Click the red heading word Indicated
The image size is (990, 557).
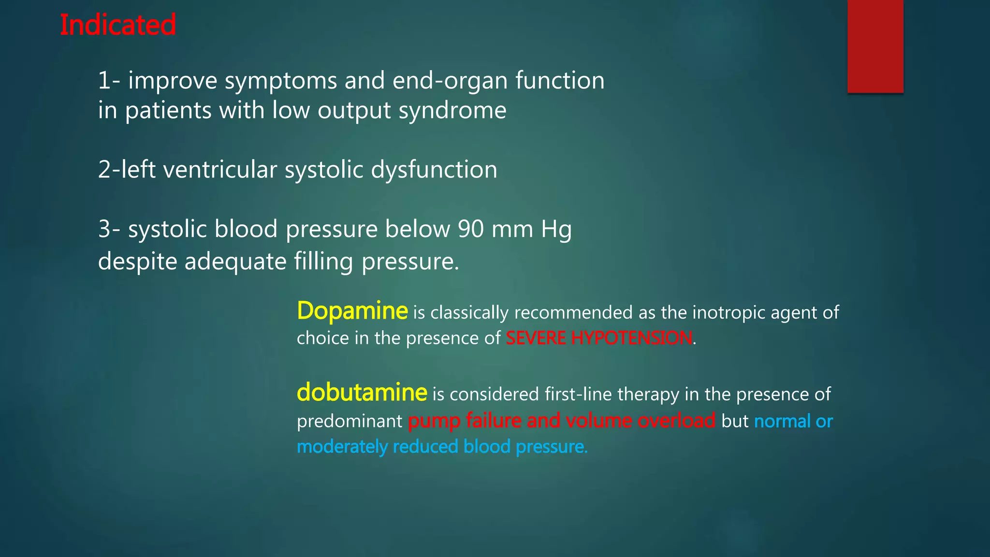pyautogui.click(x=117, y=25)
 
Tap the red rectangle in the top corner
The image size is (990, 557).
pyautogui.click(x=875, y=46)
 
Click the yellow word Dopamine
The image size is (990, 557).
pyautogui.click(x=352, y=311)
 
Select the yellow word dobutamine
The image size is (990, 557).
pyautogui.click(x=362, y=393)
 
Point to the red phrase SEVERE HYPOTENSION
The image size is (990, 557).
pyautogui.click(x=598, y=338)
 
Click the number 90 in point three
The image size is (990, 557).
pyautogui.click(x=471, y=229)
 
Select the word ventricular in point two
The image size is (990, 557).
pyautogui.click(x=220, y=170)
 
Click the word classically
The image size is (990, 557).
pyautogui.click(x=469, y=313)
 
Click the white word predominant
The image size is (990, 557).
pyautogui.click(x=349, y=422)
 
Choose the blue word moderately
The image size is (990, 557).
pyautogui.click(x=341, y=447)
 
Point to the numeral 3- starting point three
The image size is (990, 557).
pyautogui.click(x=109, y=229)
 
